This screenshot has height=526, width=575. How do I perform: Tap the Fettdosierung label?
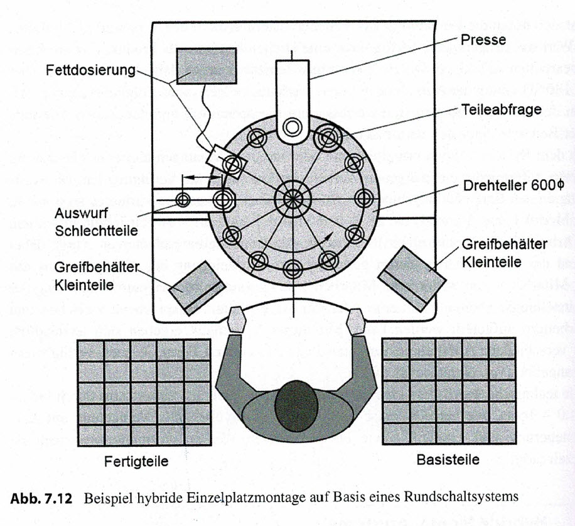click(91, 70)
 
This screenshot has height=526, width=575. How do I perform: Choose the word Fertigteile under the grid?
click(136, 461)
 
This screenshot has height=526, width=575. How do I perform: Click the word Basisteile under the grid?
click(448, 460)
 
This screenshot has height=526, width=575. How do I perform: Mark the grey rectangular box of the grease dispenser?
click(206, 65)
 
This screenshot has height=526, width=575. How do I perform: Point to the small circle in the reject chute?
click(183, 200)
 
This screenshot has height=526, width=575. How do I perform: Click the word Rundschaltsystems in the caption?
click(466, 496)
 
